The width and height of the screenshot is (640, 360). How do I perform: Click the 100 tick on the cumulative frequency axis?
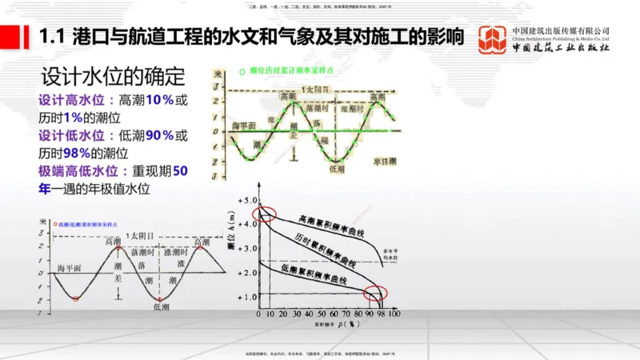click(x=393, y=316)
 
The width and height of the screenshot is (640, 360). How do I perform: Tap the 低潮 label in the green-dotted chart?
click(x=335, y=170)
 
